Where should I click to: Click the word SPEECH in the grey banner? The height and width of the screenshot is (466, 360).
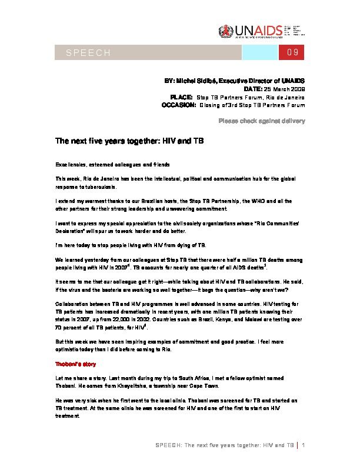tap(88, 54)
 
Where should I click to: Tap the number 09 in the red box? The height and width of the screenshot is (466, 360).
tap(293, 54)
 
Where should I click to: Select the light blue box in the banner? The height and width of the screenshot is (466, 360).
tap(259, 54)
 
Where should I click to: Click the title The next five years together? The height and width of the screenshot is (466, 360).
tap(129, 142)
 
